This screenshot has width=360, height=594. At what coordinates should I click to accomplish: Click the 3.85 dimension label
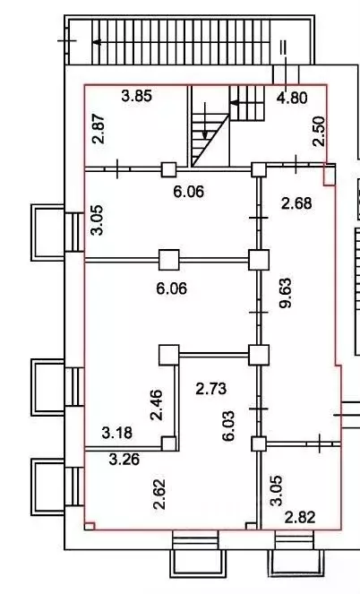(137, 96)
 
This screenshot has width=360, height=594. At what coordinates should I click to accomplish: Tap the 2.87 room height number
(99, 129)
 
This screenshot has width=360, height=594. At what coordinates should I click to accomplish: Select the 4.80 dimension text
(291, 98)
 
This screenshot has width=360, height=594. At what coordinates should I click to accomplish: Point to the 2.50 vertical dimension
(319, 131)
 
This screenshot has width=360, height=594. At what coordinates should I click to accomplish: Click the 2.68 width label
(296, 203)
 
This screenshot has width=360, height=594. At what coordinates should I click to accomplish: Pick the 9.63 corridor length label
(286, 293)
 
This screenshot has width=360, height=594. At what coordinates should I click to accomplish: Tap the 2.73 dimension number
(211, 389)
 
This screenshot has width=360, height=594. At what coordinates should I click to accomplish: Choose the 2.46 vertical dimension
(156, 405)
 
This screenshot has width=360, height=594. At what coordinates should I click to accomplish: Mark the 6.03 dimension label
(229, 426)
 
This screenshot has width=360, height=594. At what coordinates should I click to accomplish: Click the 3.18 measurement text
(117, 433)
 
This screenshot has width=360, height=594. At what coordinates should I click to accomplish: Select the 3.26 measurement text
(124, 460)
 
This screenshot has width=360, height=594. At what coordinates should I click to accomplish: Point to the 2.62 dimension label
(159, 494)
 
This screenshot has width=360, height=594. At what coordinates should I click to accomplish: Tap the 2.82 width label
(300, 517)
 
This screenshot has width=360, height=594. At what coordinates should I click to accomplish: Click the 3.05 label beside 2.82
(276, 491)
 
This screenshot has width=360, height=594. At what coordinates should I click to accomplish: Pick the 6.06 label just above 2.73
(171, 288)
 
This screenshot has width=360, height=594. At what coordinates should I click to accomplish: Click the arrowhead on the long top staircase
(98, 42)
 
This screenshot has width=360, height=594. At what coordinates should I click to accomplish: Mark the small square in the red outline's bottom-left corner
(90, 526)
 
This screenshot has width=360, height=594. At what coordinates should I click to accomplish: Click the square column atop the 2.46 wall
(169, 355)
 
